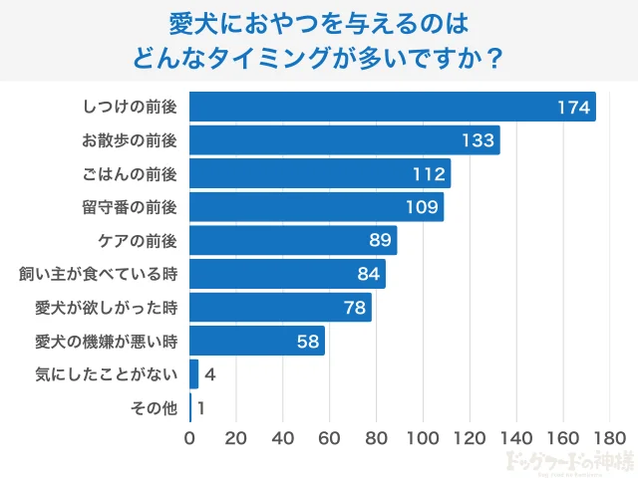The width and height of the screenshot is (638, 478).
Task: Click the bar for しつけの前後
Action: click(x=392, y=107)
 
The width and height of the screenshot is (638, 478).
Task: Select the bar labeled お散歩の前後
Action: click(x=344, y=140)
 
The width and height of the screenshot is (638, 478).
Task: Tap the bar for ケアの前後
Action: click(x=293, y=240)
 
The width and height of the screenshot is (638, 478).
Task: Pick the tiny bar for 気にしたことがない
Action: click(x=193, y=374)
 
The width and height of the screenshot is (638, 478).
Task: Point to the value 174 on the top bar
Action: click(x=574, y=107)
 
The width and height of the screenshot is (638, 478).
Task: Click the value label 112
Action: click(x=430, y=174)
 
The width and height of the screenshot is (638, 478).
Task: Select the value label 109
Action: click(x=423, y=207)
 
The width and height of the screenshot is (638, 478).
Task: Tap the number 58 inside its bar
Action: click(x=308, y=342)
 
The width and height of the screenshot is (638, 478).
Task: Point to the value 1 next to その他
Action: click(x=201, y=408)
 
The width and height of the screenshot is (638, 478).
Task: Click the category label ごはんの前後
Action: click(x=129, y=174)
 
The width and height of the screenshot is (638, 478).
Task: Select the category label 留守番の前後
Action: click(x=129, y=207)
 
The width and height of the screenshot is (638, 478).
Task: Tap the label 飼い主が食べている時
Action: click(x=98, y=274)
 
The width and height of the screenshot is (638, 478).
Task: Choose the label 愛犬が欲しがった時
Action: click(x=106, y=308)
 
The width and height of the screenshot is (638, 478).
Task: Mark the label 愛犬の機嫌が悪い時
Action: click(x=106, y=342)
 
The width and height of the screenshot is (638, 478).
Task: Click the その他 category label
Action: click(x=154, y=408)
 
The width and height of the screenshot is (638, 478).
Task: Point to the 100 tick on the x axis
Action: click(x=423, y=437)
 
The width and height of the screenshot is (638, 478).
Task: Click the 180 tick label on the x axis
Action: click(x=609, y=437)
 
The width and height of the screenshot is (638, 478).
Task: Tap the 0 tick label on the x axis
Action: click(x=189, y=437)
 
